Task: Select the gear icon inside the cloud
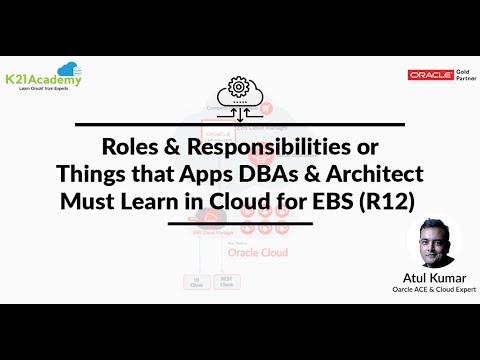pos(239,86)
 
